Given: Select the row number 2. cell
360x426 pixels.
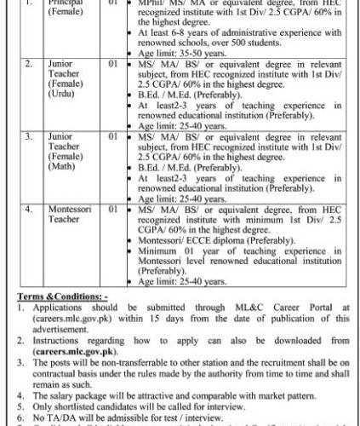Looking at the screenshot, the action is click(x=29, y=63).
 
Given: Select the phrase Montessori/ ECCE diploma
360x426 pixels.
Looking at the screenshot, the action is click(x=178, y=240).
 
